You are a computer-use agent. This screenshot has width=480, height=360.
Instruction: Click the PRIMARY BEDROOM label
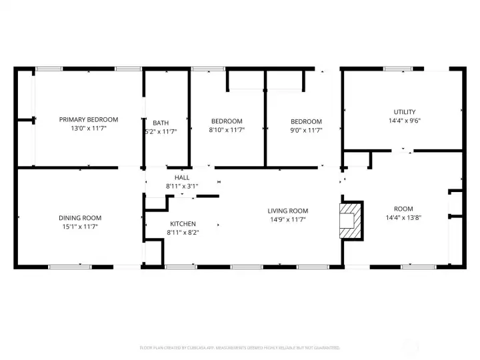point(88,119)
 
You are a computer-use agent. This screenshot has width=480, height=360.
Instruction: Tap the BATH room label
point(161,123)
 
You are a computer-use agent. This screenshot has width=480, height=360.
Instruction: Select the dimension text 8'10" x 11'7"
point(227,130)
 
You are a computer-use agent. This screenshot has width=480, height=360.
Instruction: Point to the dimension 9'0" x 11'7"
point(306,130)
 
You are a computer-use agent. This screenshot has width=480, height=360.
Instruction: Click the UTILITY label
point(404,112)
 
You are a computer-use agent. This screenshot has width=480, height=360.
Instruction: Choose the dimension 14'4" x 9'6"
point(404,121)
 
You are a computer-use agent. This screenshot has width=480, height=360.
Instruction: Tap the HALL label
point(182,178)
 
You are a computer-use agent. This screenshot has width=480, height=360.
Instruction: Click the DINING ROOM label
point(80,218)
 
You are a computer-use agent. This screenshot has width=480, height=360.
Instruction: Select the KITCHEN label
point(182,224)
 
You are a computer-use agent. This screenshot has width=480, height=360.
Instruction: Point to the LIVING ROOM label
point(288,211)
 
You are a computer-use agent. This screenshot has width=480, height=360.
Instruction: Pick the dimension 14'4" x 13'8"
point(404,217)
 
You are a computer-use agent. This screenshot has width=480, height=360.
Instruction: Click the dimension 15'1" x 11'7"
point(80,227)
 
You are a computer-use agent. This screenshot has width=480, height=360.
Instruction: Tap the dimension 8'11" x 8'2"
point(182,233)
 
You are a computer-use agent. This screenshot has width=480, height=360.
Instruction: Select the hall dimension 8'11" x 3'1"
point(182,187)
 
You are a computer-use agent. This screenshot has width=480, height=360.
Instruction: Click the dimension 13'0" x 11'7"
point(88,128)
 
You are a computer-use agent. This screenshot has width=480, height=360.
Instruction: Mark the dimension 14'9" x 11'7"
point(288,219)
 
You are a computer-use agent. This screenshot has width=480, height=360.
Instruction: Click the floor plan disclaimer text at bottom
point(240,347)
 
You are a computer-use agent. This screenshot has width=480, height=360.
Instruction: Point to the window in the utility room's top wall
point(397,68)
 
